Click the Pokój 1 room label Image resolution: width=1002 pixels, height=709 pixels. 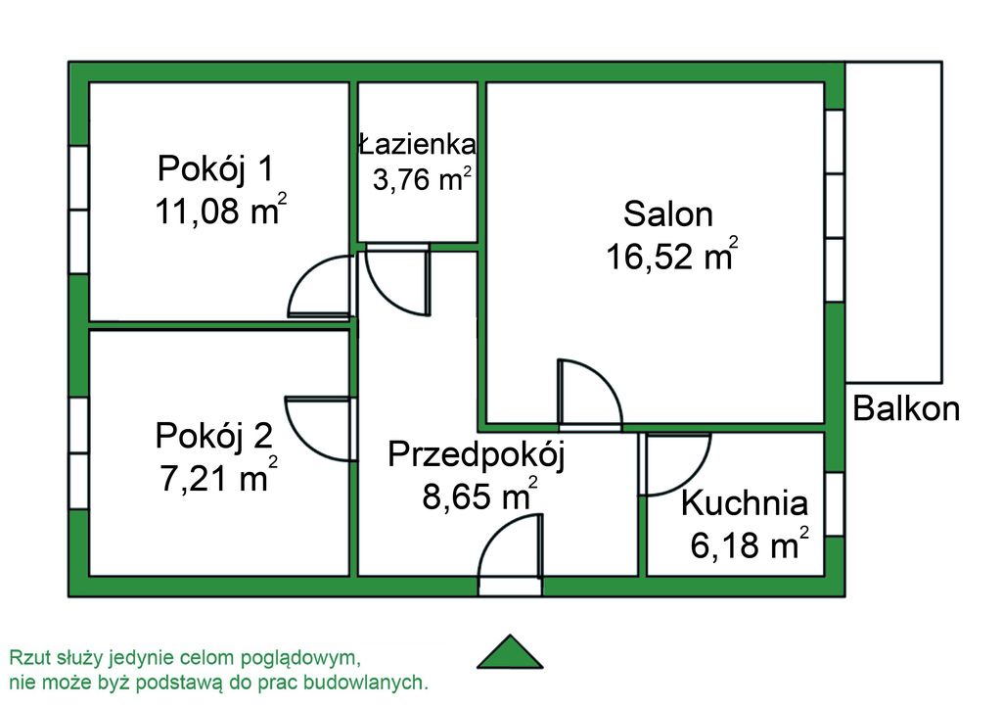tap(215, 168)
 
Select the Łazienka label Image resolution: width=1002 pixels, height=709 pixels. tap(417, 145)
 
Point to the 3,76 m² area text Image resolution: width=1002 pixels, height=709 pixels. tap(423, 179)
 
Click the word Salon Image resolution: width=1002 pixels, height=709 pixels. tap(667, 214)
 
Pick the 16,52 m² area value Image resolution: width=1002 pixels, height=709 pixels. tap(671, 255)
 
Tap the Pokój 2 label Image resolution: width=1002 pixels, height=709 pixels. tap(214, 436)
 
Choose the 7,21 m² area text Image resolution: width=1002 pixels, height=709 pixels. tap(218, 476)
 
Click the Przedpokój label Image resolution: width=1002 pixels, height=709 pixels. tap(477, 455)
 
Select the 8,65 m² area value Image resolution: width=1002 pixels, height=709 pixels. tap(479, 495)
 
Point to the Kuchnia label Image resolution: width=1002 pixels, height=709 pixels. tap(745, 503)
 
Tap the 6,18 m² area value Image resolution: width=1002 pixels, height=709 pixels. tap(749, 544)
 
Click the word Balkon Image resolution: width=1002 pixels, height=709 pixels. tap(906, 408)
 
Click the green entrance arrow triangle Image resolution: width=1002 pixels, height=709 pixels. tap(510, 652)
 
